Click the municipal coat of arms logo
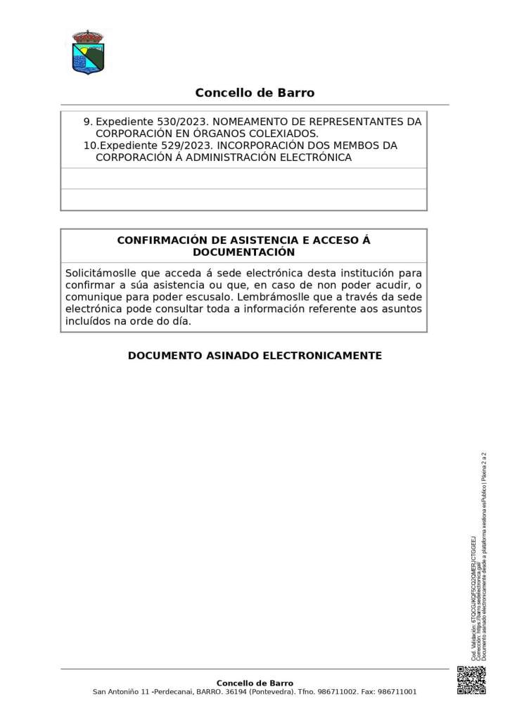[x=88, y=52]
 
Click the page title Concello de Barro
[x=255, y=93]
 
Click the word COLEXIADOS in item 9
[x=280, y=134]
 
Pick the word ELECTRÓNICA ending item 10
[x=316, y=157]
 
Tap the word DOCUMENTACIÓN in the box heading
[x=243, y=252]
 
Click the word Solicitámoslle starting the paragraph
[x=98, y=273]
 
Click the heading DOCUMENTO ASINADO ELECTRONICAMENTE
[x=255, y=356]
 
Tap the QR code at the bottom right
[x=471, y=680]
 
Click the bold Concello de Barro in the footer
[x=255, y=683]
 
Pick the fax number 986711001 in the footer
[x=397, y=692]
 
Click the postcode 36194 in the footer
[x=237, y=692]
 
